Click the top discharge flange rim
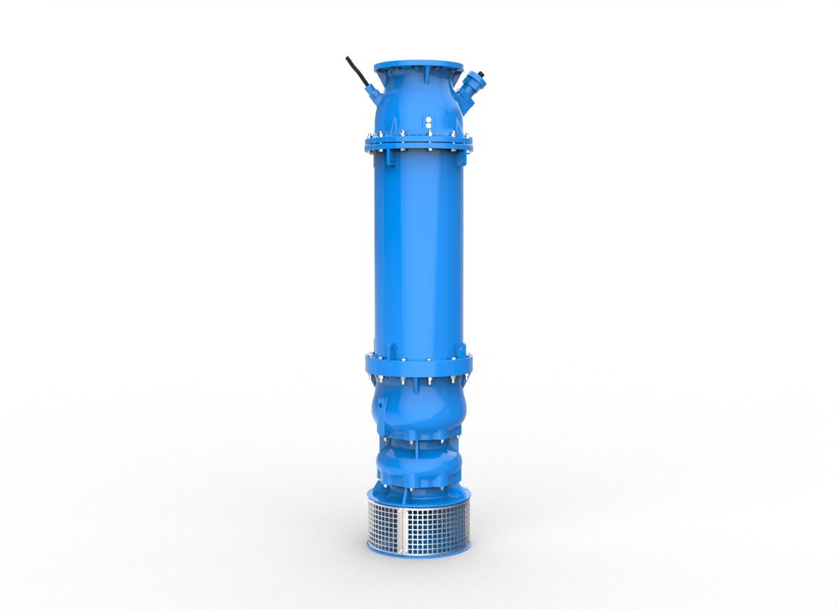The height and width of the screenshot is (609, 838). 418,67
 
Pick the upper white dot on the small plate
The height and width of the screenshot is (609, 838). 427,117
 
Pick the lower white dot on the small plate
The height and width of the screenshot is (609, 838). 427,125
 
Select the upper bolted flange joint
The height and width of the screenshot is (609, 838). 418,142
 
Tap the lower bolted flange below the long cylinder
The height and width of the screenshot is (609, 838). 418,365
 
